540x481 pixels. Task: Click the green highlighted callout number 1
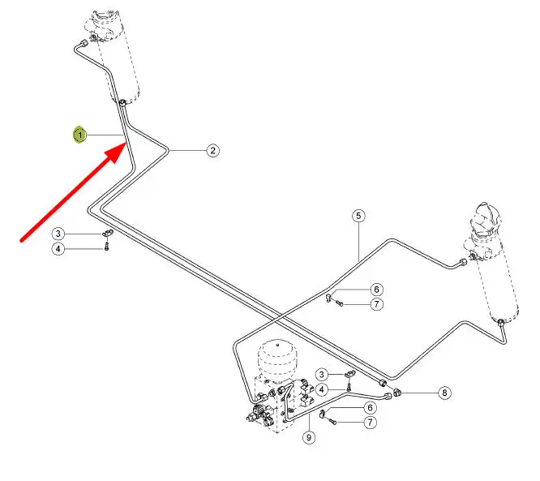[x=80, y=134]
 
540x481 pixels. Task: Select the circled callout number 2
[x=212, y=150]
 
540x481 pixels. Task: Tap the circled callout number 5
[x=358, y=216]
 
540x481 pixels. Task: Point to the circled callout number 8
[x=444, y=393]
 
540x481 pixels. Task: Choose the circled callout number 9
[x=309, y=438]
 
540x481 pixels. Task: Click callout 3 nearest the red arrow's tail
[x=58, y=234]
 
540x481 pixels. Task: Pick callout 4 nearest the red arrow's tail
[x=58, y=249]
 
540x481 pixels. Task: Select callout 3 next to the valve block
[x=322, y=374]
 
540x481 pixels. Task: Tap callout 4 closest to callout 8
[x=322, y=390]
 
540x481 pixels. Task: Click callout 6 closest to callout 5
[x=376, y=290]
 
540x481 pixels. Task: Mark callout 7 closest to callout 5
[x=376, y=304]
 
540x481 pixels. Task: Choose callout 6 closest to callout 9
[x=370, y=408]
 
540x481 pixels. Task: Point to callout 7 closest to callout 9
[x=370, y=422]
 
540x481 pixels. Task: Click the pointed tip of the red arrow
[x=126, y=141]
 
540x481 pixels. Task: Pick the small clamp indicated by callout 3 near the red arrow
[x=108, y=234]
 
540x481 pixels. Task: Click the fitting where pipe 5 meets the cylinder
[x=463, y=261]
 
